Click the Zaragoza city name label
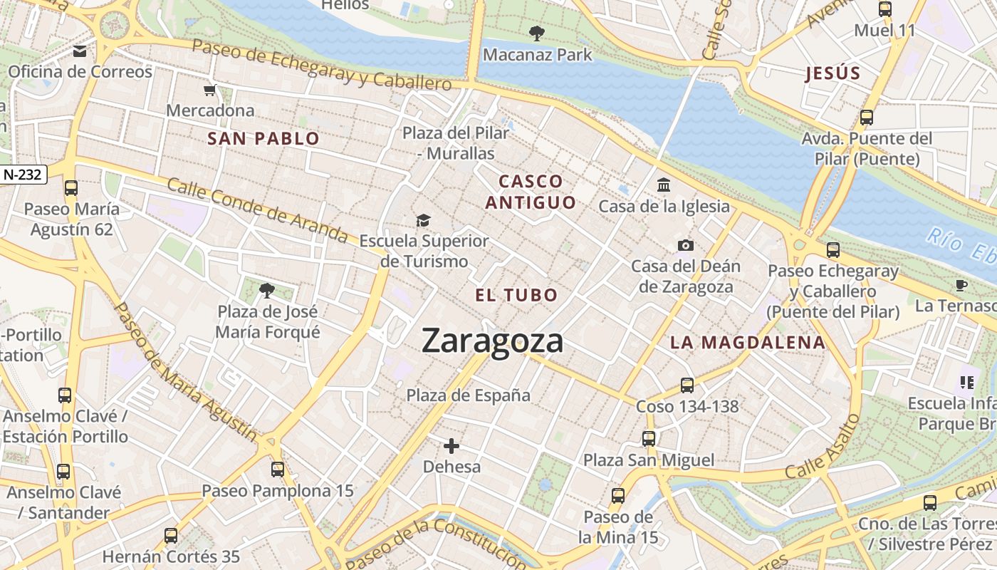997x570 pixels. coord(492,341)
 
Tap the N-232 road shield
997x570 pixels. coord(24,174)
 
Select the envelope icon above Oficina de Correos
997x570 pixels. coord(80,51)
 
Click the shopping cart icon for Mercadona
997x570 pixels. coord(210,90)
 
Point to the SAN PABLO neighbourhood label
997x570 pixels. coord(263,139)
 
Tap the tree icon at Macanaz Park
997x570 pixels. coord(536,33)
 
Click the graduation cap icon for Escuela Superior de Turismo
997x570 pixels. coord(424,220)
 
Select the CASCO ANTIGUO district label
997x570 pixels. coord(531,192)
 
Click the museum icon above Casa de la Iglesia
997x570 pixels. coord(664,185)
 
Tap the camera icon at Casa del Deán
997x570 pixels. coord(685,245)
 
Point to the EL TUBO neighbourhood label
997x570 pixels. coord(516,295)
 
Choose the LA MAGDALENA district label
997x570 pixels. coord(747,342)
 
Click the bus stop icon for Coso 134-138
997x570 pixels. coord(687,385)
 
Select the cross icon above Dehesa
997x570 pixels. coord(451,446)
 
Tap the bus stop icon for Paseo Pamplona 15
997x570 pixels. coord(278,470)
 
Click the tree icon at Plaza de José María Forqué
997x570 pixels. coord(267,290)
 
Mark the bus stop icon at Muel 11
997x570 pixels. coord(885,9)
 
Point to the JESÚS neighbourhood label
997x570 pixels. coord(832,73)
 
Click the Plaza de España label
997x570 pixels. coord(468,395)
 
